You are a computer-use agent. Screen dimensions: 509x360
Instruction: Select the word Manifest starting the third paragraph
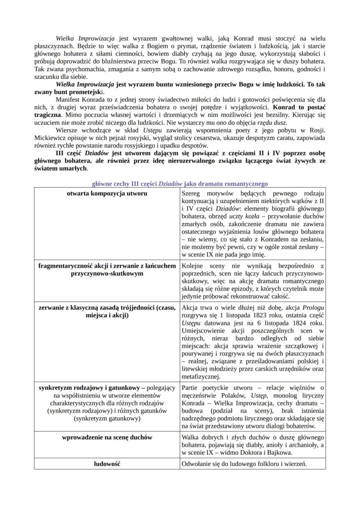pos(68,100)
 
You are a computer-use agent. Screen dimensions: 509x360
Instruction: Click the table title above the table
pos(180,184)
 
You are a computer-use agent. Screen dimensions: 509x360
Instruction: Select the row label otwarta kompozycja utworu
pos(107,193)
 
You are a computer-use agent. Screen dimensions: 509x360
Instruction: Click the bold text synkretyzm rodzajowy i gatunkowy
pos(92,388)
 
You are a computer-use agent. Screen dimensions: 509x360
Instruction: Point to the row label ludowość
pos(107,464)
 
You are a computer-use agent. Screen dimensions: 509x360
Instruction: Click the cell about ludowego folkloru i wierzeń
pos(244,464)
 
